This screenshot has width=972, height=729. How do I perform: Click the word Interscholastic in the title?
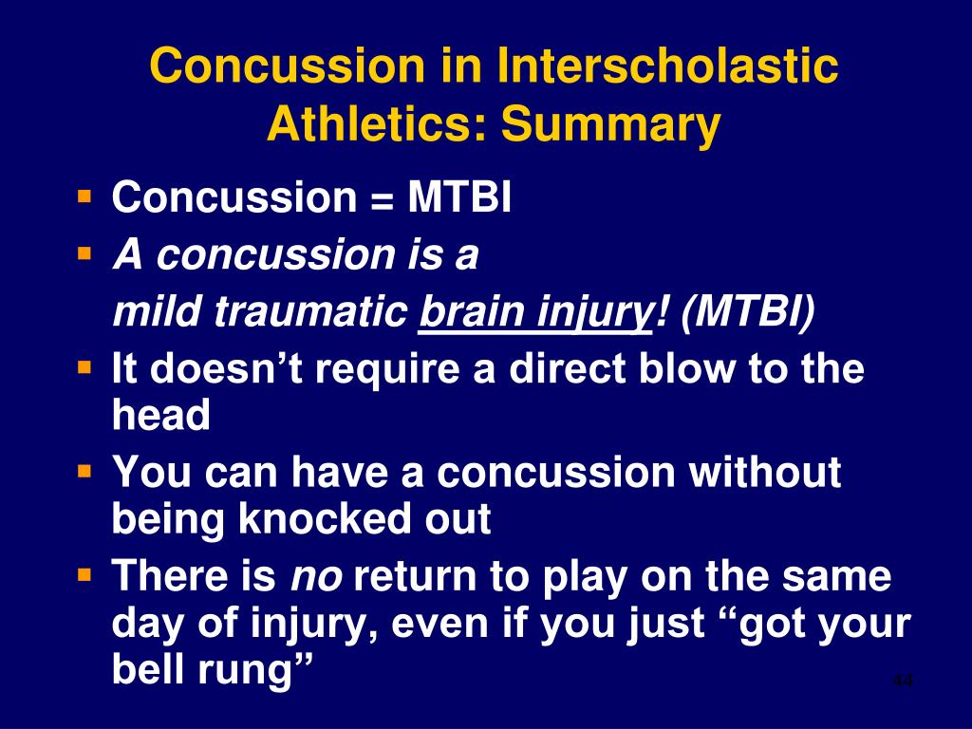point(667,65)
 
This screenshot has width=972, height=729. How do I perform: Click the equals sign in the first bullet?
point(382,199)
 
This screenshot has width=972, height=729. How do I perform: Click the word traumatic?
point(309,311)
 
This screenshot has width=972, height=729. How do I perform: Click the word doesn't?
point(226,367)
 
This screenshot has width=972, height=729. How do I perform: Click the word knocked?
point(325,518)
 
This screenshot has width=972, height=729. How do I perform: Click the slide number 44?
point(903,681)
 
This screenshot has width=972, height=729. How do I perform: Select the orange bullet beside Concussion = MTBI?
point(84,196)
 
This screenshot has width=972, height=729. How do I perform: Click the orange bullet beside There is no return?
point(84,575)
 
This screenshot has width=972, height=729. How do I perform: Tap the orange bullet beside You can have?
point(84,472)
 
